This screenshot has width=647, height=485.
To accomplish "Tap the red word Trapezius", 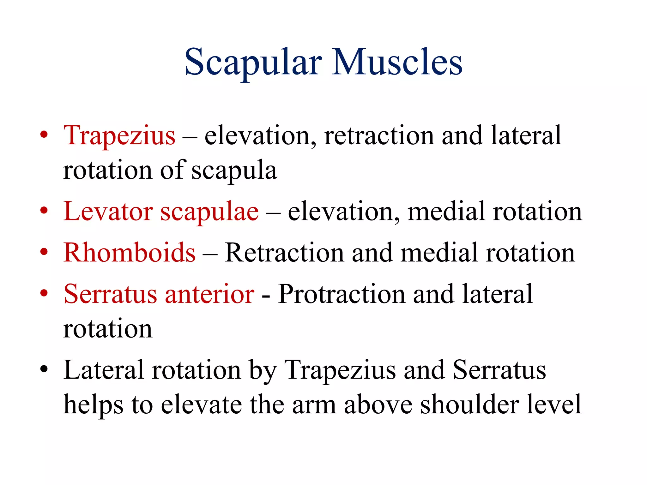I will (x=119, y=136).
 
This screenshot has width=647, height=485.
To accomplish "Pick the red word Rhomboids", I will (x=130, y=253).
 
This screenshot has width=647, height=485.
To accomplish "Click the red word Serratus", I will (x=110, y=294).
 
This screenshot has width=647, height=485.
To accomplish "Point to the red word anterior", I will (x=209, y=294).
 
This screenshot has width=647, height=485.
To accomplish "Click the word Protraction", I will (x=342, y=294).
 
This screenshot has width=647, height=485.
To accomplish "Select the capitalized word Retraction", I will (x=284, y=253).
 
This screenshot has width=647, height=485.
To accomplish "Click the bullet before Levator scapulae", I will (x=44, y=211).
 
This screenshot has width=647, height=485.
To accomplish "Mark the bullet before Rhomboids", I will (x=44, y=252).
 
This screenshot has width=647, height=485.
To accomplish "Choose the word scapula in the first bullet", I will (x=234, y=171).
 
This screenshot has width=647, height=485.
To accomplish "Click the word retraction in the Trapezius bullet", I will (x=379, y=136).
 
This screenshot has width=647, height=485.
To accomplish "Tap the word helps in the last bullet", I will (x=93, y=405).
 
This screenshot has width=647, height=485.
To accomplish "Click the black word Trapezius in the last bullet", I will (x=340, y=370).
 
